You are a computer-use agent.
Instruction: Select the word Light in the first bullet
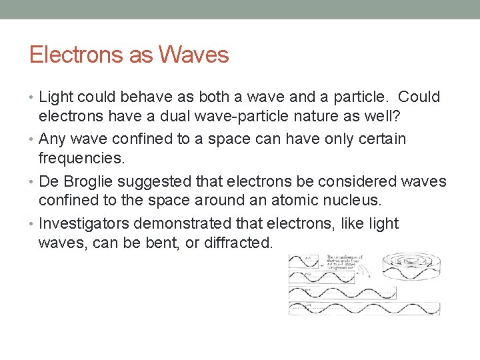coord(58,97)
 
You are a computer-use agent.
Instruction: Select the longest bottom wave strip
coord(364,308)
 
